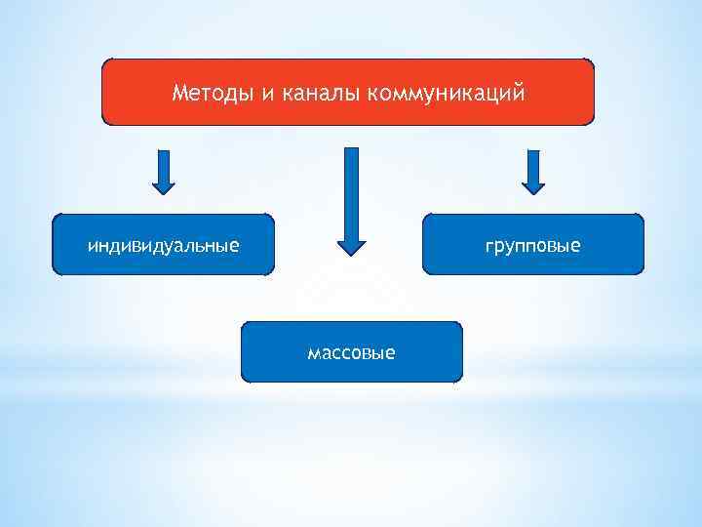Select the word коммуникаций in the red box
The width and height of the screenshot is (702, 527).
coord(445,94)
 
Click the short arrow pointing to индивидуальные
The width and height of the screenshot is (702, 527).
coord(165,173)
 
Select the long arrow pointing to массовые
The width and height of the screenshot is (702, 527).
coord(351,200)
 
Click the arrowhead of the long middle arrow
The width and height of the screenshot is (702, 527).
coord(351,245)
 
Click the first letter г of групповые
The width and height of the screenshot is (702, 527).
coord(489,247)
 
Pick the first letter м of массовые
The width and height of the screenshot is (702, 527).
coord(313,352)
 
